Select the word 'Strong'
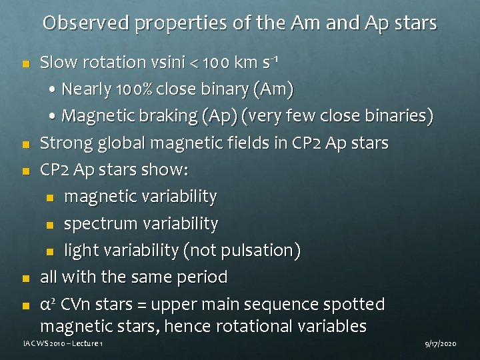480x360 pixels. click(x=64, y=143)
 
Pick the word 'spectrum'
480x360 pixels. click(x=93, y=224)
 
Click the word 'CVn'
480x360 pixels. click(x=75, y=305)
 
